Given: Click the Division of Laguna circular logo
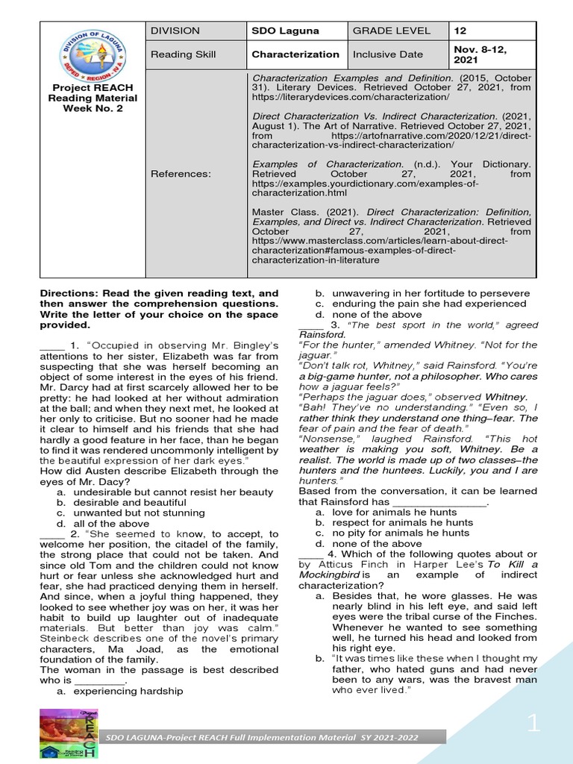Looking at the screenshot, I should [93, 54].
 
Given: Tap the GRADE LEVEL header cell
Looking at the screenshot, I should [391, 31].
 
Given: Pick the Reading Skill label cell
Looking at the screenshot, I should [183, 54].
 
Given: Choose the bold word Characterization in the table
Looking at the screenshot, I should [295, 54].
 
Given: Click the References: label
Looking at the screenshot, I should [181, 174].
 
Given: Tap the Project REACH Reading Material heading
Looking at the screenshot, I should [93, 98].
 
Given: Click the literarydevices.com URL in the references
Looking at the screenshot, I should [351, 98].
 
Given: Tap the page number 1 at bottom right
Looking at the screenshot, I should [533, 722].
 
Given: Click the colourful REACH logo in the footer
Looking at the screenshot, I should [69, 733].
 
